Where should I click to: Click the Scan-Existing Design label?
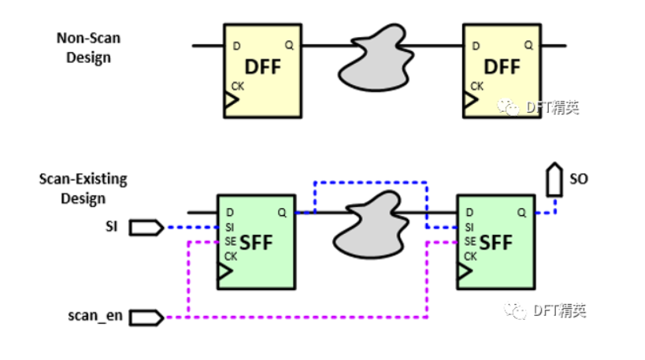83,187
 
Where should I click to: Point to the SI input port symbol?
146,228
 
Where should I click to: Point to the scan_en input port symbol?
146,318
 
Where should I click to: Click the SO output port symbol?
556,180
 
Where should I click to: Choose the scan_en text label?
91,318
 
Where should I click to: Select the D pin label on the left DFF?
235,46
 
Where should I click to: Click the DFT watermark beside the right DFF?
543,108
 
